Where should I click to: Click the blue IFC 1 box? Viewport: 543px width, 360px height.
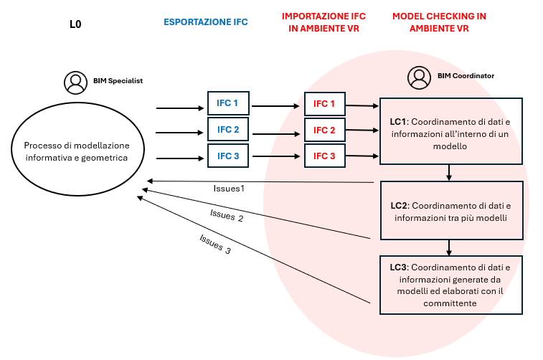(x=228, y=103)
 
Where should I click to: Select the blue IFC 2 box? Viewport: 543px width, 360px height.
(x=228, y=129)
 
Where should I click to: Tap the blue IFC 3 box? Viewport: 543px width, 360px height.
(x=228, y=155)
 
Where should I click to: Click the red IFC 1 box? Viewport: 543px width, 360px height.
(x=324, y=104)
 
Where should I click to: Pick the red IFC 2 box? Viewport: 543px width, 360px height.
(x=324, y=130)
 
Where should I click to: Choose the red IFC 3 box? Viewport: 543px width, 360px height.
(x=324, y=156)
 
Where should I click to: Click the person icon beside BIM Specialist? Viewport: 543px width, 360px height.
(x=75, y=82)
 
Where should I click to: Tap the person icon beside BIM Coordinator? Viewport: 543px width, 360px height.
(x=418, y=77)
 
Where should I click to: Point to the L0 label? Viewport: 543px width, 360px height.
(x=75, y=24)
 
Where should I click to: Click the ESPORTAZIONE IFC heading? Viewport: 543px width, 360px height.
(x=205, y=22)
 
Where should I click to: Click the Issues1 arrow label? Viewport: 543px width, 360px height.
(x=230, y=189)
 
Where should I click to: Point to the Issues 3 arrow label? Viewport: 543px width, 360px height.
(x=215, y=245)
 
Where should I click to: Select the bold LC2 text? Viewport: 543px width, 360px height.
(x=400, y=205)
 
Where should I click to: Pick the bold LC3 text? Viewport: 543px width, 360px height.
(x=399, y=267)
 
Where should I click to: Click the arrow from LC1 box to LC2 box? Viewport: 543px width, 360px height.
(x=449, y=172)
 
